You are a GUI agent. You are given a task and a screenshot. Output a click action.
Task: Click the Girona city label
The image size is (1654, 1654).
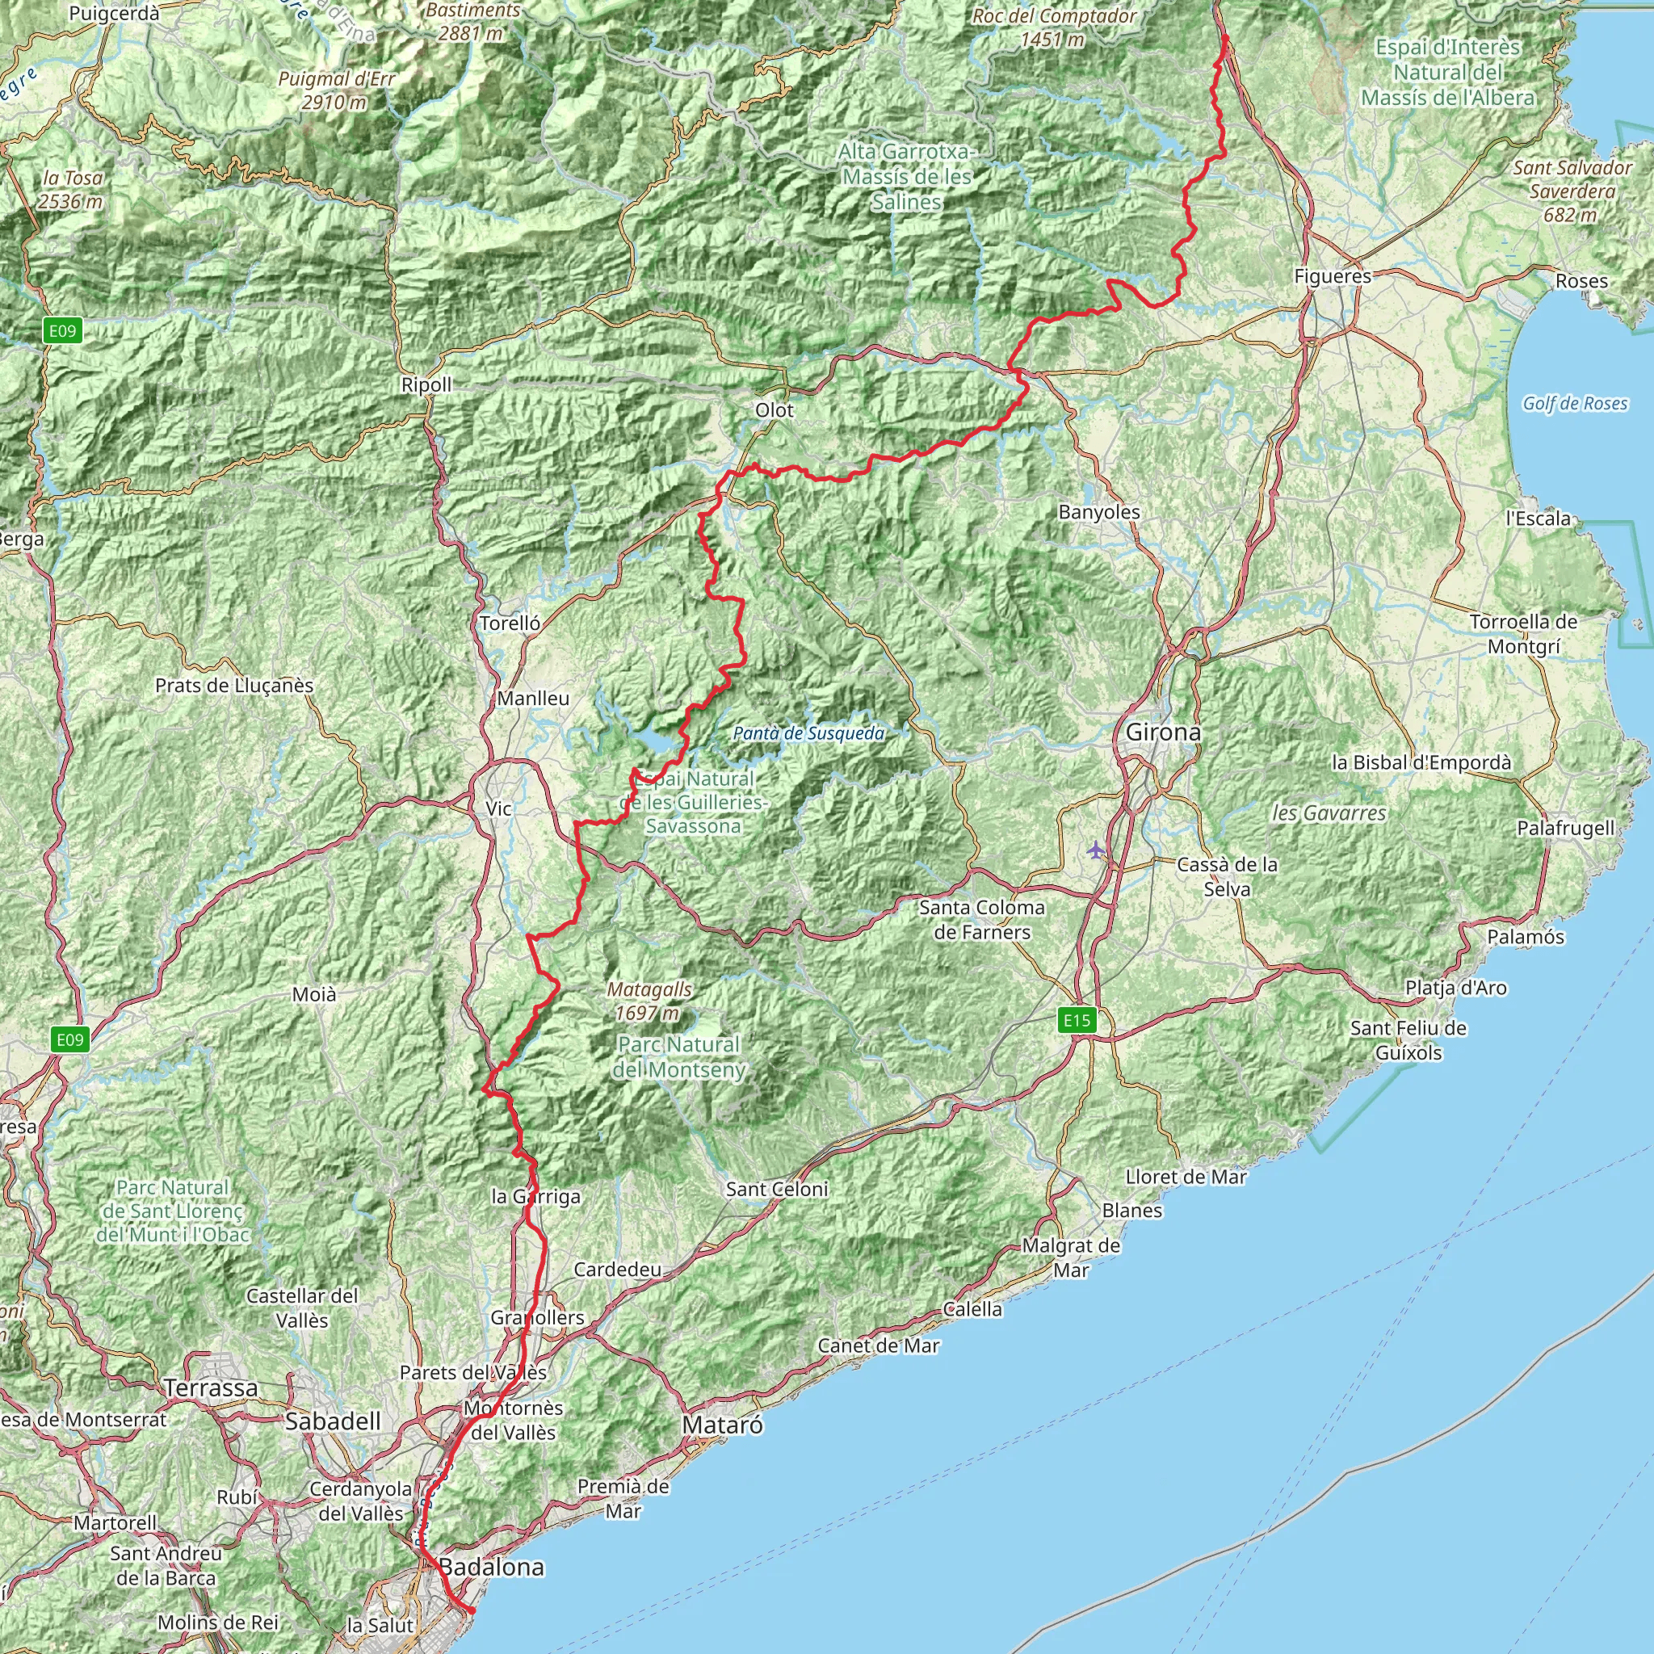click(1163, 732)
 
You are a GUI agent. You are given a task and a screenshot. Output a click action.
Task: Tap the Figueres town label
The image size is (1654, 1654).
click(1332, 276)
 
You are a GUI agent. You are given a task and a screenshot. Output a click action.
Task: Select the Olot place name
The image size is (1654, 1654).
click(774, 410)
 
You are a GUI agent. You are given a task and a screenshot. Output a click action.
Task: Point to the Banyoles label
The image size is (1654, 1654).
click(1099, 512)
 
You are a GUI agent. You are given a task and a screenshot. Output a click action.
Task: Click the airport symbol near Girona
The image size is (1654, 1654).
click(1096, 850)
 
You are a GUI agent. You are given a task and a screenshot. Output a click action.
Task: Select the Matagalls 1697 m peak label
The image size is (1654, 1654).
click(649, 1001)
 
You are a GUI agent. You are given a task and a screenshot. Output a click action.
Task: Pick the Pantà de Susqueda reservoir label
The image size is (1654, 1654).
click(808, 733)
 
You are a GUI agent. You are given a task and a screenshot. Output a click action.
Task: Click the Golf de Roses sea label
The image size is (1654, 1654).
click(1574, 403)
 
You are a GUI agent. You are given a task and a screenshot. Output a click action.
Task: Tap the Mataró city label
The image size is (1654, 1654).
click(723, 1425)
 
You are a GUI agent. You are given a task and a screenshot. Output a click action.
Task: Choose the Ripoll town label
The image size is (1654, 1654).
click(426, 385)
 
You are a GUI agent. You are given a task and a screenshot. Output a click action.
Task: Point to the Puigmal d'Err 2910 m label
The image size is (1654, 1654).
click(337, 90)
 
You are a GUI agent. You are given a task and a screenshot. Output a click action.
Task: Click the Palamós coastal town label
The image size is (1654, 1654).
click(1526, 937)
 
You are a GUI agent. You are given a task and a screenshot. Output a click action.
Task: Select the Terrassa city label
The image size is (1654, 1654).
click(211, 1387)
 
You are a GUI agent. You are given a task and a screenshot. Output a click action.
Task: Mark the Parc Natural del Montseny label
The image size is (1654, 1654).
click(679, 1056)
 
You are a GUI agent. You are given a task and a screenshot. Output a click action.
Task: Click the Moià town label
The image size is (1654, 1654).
click(314, 994)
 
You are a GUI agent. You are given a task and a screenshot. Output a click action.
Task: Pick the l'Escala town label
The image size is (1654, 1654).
click(1539, 518)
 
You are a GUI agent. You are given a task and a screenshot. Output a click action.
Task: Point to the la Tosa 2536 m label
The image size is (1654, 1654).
click(72, 190)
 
